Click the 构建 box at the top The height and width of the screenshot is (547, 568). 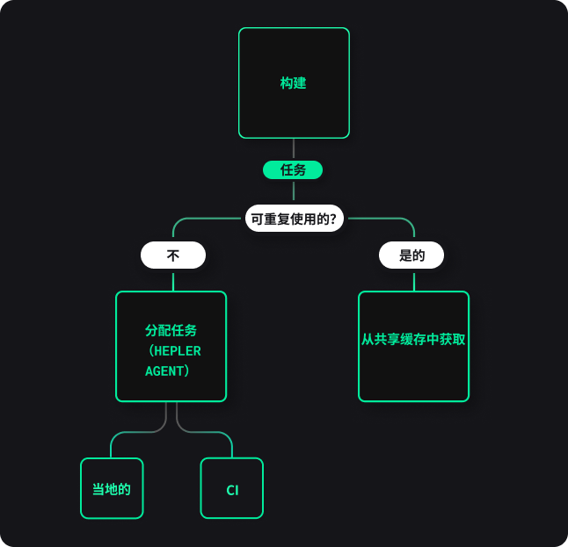294,83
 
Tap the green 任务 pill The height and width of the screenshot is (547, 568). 293,169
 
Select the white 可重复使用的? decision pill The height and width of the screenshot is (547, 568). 295,219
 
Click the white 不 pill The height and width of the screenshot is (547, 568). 173,255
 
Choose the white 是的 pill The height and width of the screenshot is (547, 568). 411,255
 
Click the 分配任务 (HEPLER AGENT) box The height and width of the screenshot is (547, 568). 171,346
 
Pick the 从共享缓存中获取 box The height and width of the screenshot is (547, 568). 413,346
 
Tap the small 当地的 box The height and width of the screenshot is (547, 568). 112,488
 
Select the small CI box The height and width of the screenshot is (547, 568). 232,488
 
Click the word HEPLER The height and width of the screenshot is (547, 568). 178,351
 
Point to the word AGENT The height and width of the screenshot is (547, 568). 164,371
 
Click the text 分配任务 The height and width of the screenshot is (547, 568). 171,330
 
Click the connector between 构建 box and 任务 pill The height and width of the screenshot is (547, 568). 294,149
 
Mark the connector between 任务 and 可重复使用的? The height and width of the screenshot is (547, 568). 294,191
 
